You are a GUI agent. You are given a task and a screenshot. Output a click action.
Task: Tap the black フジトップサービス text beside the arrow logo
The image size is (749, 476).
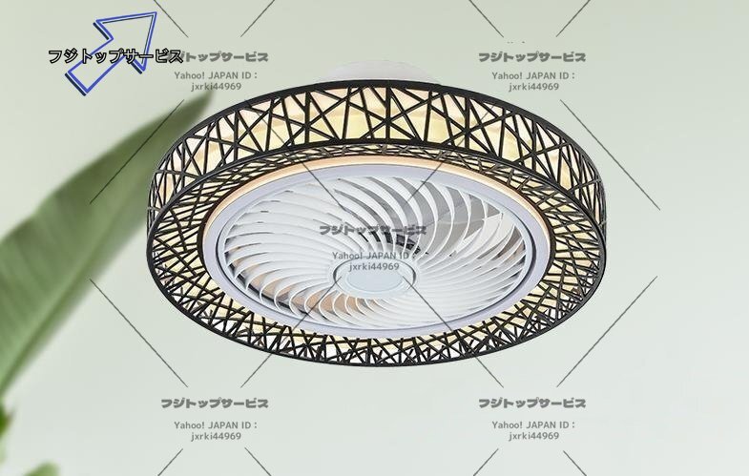[115, 56]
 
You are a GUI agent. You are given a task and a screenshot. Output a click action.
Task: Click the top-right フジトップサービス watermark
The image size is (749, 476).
[532, 57]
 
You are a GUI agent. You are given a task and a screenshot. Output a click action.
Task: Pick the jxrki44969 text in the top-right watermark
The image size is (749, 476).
[532, 87]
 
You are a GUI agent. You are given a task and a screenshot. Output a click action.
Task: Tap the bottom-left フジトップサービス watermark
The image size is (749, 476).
[215, 404]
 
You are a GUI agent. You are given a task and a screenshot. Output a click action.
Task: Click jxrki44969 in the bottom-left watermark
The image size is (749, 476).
[215, 436]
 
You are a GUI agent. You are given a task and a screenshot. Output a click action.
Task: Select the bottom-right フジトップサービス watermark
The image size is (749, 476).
[532, 404]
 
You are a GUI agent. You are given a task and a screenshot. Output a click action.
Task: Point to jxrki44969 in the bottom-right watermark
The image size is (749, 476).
[532, 436]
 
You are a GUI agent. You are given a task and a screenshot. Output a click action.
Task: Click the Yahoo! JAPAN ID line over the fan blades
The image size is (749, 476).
[373, 256]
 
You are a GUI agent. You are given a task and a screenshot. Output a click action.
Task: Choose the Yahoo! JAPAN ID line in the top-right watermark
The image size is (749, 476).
[532, 74]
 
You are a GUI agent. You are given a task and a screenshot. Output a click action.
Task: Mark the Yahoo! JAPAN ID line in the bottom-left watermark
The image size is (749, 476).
[215, 424]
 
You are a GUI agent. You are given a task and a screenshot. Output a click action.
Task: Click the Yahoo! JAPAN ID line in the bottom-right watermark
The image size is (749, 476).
[532, 424]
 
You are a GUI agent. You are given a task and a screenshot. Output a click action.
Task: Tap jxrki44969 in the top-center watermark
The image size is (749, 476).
[215, 87]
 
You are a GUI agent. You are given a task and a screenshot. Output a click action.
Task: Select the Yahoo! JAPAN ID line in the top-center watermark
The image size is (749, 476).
[215, 74]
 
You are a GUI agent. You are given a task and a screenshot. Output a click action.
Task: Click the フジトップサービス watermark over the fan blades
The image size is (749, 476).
[373, 230]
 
